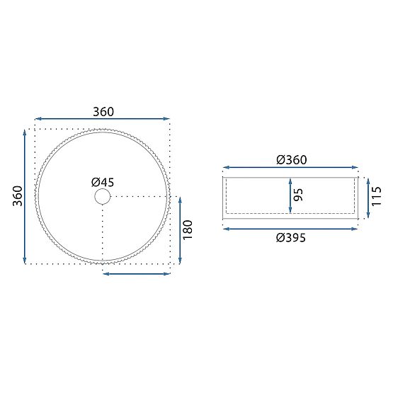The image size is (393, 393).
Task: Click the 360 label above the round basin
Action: (x=103, y=112)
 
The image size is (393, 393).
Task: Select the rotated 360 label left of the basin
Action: (x=18, y=195)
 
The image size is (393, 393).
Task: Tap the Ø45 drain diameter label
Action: (x=103, y=182)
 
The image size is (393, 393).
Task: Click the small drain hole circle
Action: (x=103, y=196)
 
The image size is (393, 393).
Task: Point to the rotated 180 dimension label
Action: (x=188, y=229)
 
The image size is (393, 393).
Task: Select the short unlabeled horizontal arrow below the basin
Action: (x=137, y=273)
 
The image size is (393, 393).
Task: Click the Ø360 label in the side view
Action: (x=291, y=160)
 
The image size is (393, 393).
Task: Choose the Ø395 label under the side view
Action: (x=291, y=238)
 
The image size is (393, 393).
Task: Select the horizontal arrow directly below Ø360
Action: (x=291, y=169)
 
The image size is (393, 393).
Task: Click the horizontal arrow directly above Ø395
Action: (x=291, y=228)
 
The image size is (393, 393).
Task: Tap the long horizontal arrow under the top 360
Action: (x=103, y=120)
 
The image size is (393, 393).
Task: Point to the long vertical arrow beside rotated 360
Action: (x=26, y=196)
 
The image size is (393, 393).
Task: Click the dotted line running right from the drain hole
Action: (x=142, y=196)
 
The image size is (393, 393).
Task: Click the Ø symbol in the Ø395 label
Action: (x=280, y=238)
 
